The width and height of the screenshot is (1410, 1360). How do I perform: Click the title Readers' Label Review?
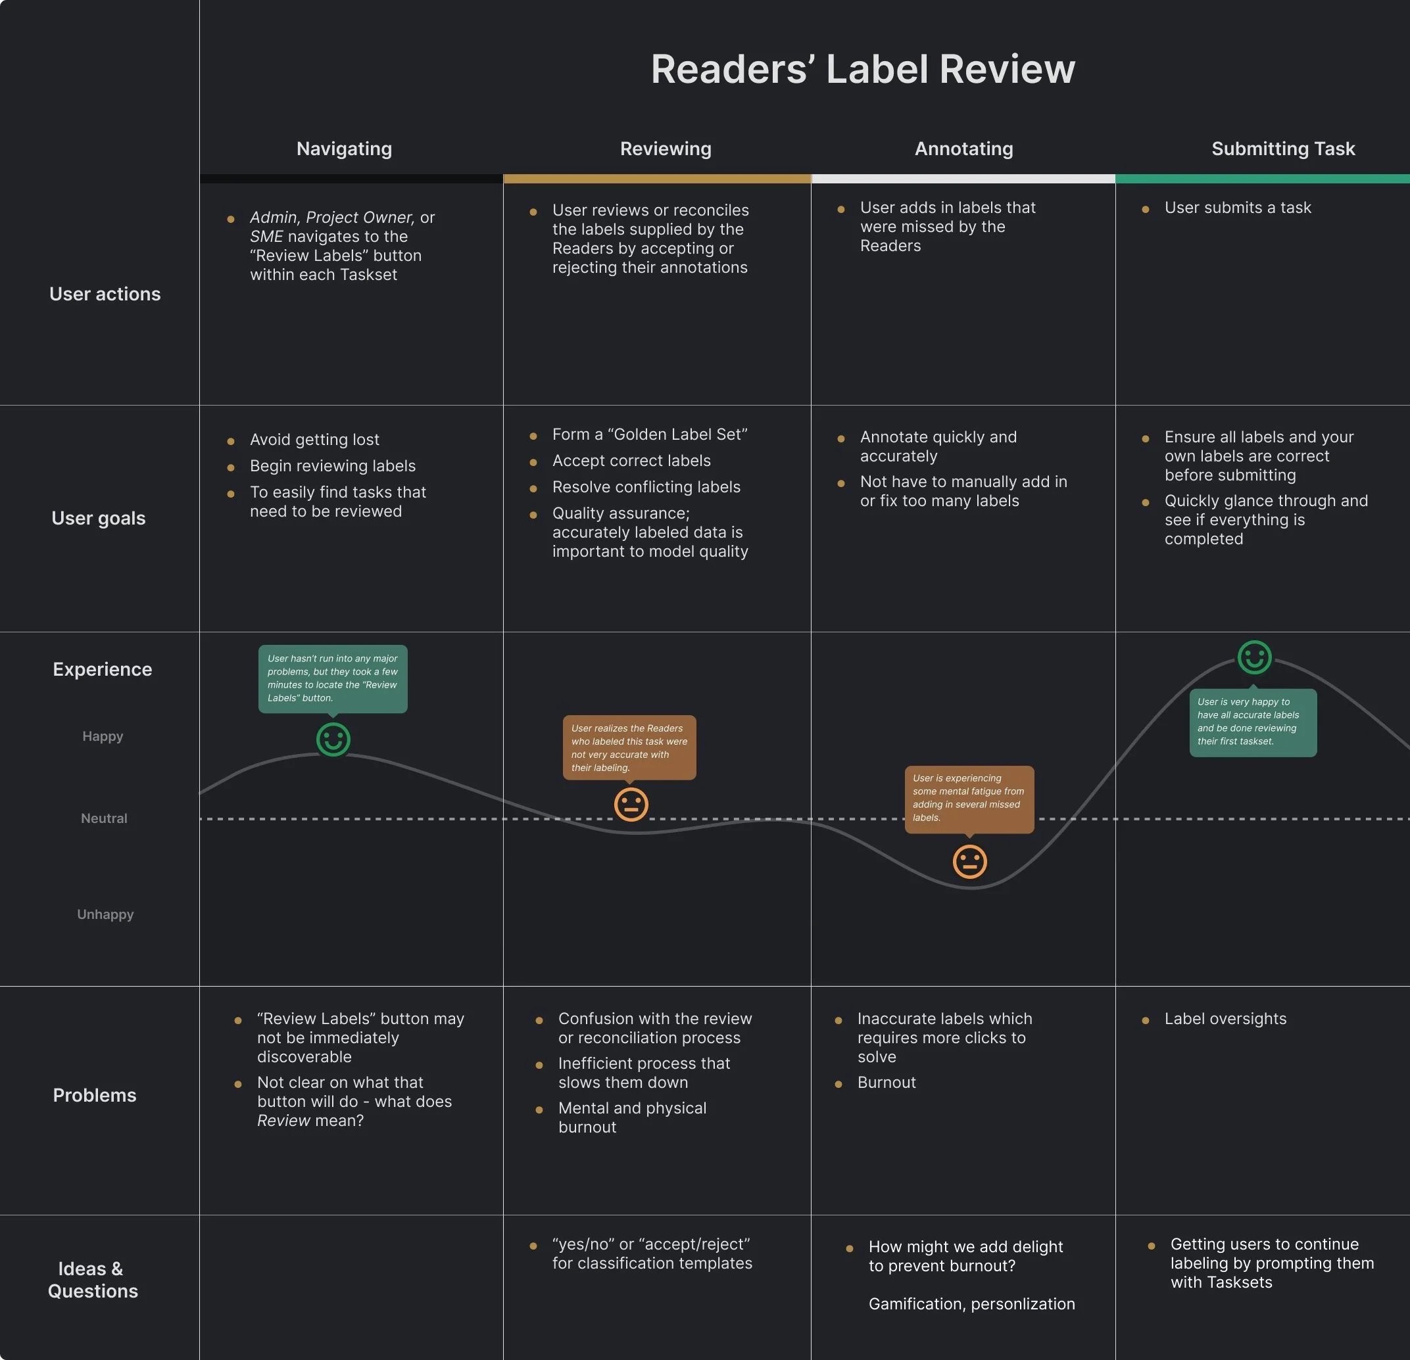coord(863,69)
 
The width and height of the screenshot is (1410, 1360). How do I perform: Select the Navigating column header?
coord(344,149)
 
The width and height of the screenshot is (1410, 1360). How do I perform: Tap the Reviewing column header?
coord(666,149)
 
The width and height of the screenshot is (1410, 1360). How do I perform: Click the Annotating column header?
coord(963,149)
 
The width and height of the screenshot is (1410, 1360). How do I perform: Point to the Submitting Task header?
coord(1282,149)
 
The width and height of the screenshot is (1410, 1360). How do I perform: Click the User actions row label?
coord(105,294)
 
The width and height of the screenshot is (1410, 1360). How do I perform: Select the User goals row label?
coord(99,519)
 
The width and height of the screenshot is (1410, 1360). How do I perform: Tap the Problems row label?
coord(94,1095)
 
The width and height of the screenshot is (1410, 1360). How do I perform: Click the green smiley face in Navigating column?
coord(333,739)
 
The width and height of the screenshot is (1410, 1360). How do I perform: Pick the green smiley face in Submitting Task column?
coord(1254,657)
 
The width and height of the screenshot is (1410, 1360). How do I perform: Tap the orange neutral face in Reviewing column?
coord(631,804)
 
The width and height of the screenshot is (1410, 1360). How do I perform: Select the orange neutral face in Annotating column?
coord(969,862)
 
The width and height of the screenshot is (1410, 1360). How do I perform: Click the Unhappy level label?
coord(105,914)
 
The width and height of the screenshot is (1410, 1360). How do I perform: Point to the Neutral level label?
coord(104,818)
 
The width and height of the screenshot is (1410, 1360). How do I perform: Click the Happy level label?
coord(103,736)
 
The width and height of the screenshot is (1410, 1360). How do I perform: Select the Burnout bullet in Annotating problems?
coord(887,1083)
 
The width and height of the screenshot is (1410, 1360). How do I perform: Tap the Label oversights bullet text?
coord(1225,1018)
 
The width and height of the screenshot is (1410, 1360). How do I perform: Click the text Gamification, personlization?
coord(971,1304)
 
